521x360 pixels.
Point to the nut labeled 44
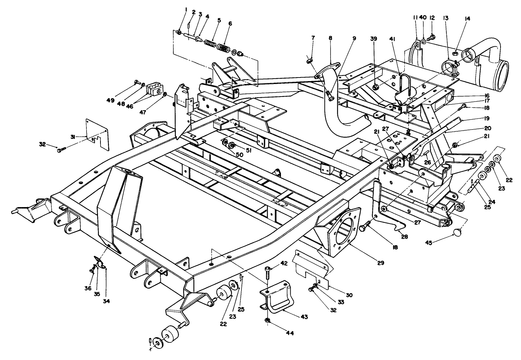pyautogui.click(x=267, y=320)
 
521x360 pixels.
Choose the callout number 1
pyautogui.click(x=186, y=9)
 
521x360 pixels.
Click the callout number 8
pyautogui.click(x=330, y=37)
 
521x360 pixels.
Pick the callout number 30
pyautogui.click(x=349, y=295)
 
